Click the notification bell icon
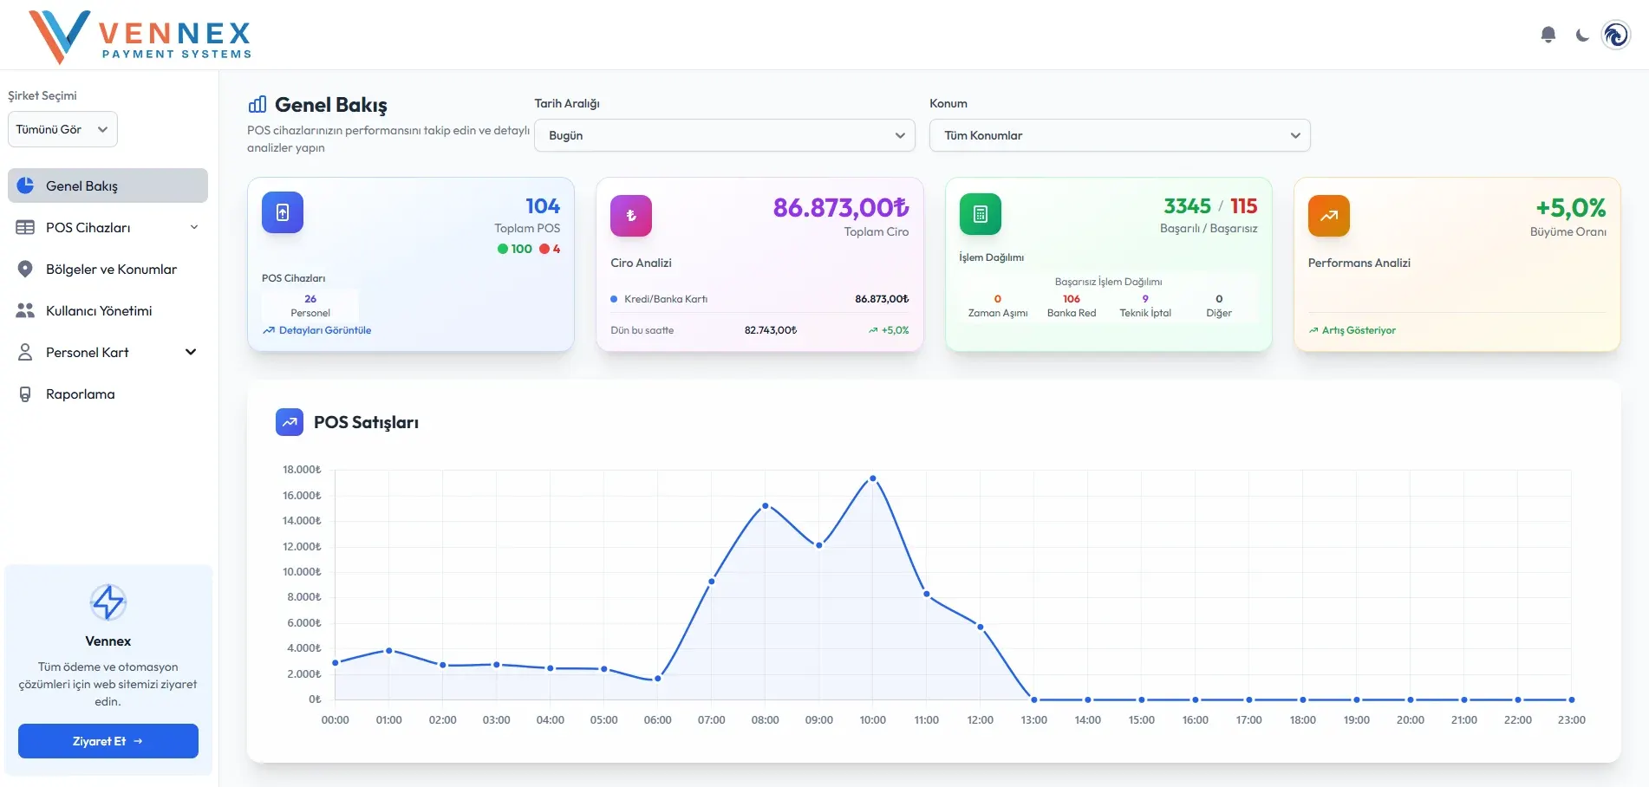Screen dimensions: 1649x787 point(1548,35)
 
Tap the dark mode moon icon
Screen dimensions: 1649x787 point(1582,36)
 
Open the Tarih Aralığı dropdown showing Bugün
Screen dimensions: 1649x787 point(725,135)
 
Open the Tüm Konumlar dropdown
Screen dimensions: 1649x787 point(1119,135)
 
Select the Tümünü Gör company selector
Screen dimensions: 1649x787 point(62,129)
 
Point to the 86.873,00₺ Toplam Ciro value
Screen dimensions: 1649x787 point(841,208)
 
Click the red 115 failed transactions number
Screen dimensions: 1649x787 point(1243,206)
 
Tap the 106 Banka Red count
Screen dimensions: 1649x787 point(1072,299)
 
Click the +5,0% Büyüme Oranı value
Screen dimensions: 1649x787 point(1571,208)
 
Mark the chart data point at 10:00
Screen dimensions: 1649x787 point(873,478)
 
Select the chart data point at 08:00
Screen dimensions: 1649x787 point(766,506)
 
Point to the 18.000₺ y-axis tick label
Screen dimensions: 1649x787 point(302,470)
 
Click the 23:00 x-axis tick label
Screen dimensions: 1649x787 point(1572,720)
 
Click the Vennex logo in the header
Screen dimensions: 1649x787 point(140,36)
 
